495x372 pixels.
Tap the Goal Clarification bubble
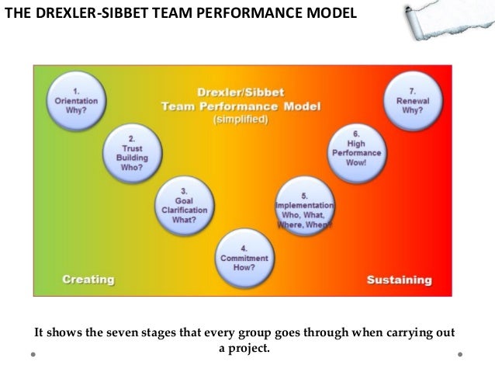pos(182,203)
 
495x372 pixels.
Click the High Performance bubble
pos(356,148)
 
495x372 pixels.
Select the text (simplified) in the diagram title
pos(241,120)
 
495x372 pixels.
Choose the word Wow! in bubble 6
pos(356,163)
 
